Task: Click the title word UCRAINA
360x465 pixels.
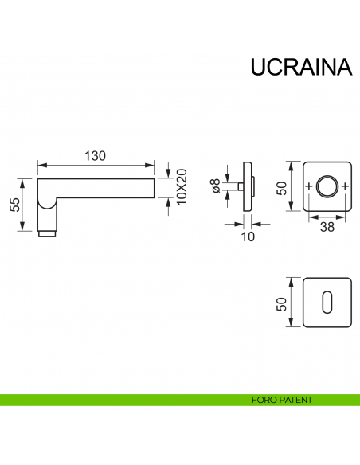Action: coord(301,68)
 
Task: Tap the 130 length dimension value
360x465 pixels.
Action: coord(96,156)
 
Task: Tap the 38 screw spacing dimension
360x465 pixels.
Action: coord(327,226)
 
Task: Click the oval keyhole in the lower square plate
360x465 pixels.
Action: coord(327,303)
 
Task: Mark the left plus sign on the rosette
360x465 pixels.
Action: coord(310,187)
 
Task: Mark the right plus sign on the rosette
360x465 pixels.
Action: coord(345,187)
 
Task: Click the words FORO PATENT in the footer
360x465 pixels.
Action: coord(280,400)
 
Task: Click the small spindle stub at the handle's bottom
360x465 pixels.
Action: coord(48,234)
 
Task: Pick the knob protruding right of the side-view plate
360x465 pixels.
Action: coord(255,188)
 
